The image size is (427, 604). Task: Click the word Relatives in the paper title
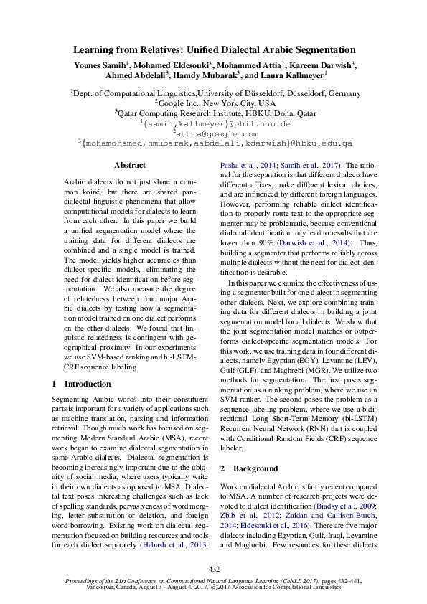tap(160, 51)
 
